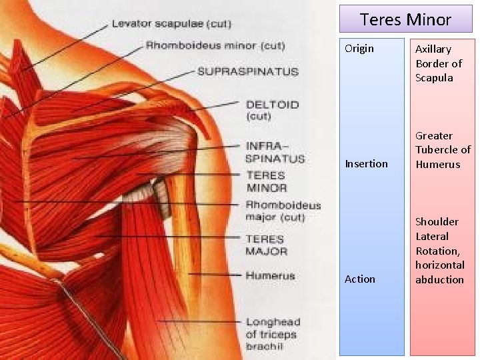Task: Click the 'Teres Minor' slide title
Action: pos(405,19)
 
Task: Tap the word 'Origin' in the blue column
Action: pos(359,49)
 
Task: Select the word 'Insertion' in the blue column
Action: pos(366,164)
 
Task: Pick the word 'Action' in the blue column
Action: pos(360,279)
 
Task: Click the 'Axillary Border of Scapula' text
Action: pos(439,63)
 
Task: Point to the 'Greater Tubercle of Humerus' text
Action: pos(443,150)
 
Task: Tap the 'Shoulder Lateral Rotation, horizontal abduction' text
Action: pos(440,251)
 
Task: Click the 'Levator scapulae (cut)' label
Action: pos(171,24)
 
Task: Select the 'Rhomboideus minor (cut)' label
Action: pos(215,46)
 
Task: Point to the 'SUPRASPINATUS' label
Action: pos(247,71)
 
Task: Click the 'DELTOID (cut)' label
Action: pos(272,110)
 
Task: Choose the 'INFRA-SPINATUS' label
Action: pos(274,152)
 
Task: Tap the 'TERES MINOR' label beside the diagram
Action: pos(265,181)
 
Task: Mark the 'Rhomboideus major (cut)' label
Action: pos(283,211)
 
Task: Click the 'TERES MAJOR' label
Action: pos(266,245)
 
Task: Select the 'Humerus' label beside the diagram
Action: pos(270,275)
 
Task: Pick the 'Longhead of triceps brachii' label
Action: pos(273,334)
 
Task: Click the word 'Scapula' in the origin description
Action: pos(434,78)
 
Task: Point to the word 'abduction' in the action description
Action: pos(439,280)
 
